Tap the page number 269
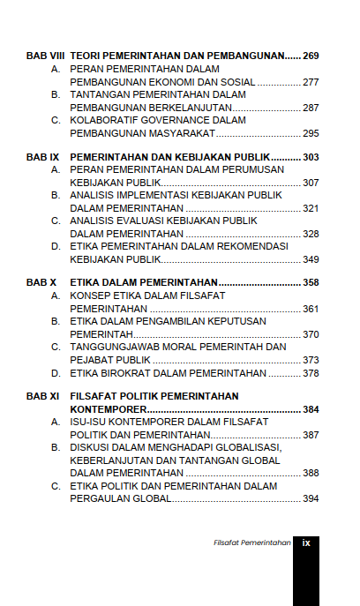310,56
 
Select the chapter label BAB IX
41,157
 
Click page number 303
310,157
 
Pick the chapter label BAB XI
41,397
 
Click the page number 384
310,410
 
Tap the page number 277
310,82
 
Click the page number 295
310,133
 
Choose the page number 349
310,259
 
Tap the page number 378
310,373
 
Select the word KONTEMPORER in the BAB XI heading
108,410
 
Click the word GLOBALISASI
247,448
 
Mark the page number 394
310,499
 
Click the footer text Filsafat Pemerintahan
252,543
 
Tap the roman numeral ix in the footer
306,542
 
